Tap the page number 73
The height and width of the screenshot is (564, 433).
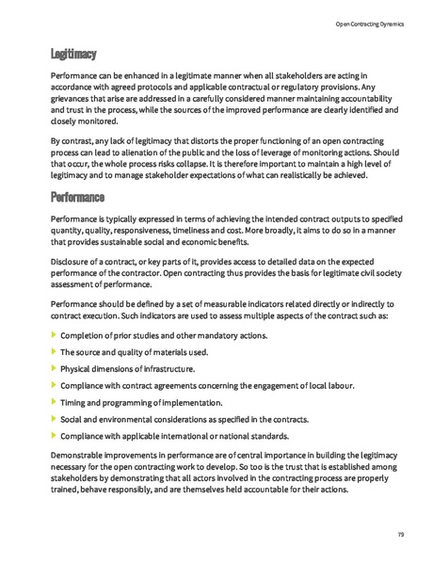400,535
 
